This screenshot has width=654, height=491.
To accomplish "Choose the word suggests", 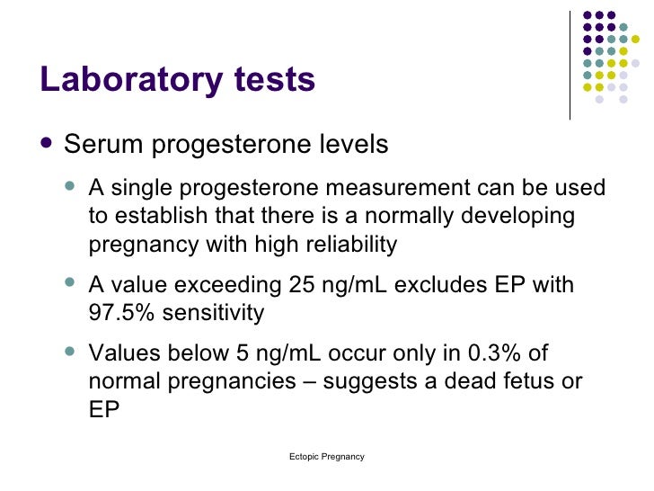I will coord(367,382).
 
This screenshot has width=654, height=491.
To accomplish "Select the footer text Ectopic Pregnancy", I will coord(327,457).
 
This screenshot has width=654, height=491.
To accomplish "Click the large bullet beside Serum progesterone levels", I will coord(47,145).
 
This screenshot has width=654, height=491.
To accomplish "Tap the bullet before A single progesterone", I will coord(72,189).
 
